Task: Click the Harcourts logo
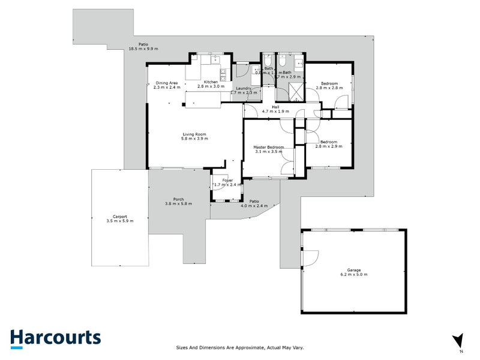pos(55,338)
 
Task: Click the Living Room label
pos(194,134)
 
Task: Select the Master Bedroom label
pos(268,148)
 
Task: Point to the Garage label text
pos(354,271)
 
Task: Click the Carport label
pos(119,217)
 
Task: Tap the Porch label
pos(178,199)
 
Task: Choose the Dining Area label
pos(166,83)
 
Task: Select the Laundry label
pos(243,88)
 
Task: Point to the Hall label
pos(275,107)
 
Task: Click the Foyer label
pos(227,181)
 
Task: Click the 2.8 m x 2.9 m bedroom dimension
pos(328,146)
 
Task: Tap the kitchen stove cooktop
pos(223,74)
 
